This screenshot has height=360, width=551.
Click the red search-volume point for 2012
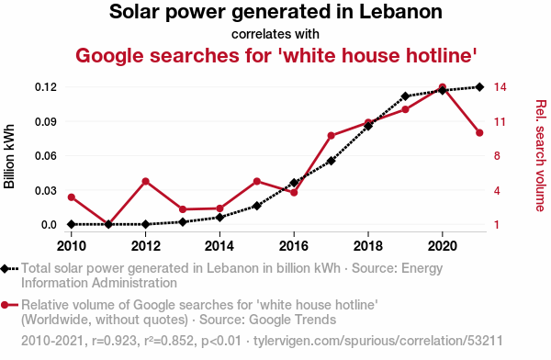point(145,182)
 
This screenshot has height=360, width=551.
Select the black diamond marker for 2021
point(479,87)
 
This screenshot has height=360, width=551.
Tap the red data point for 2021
point(479,133)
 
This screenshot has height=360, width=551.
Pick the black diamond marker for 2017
point(331,161)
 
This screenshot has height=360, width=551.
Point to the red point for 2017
point(331,136)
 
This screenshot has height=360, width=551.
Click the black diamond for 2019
point(405,96)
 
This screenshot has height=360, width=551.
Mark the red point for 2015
point(257,182)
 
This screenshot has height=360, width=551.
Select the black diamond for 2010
point(72,224)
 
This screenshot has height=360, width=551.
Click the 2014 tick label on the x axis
point(219,246)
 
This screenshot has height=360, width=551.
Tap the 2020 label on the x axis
point(442,246)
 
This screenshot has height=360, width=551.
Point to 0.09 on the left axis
point(46,121)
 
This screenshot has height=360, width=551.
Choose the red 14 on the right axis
point(500,87)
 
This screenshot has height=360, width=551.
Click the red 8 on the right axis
point(497,156)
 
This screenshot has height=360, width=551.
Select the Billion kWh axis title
point(9,156)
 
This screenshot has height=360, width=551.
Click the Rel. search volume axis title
point(541,156)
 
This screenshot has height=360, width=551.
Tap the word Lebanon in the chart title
point(401,12)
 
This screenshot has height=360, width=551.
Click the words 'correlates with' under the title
point(275,34)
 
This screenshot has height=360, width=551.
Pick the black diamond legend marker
point(5,269)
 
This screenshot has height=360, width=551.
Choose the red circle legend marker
point(5,305)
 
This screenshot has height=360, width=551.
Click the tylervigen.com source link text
point(378,341)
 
